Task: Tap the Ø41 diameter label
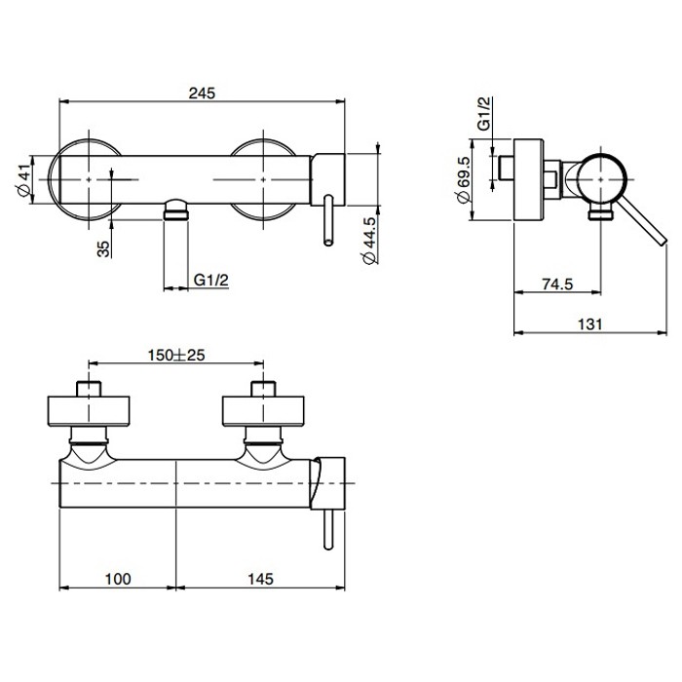click(23, 178)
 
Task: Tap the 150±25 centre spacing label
click(175, 355)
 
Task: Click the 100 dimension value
click(117, 579)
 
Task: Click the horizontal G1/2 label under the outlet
click(211, 281)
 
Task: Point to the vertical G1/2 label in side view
click(482, 114)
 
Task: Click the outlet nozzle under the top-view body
click(175, 208)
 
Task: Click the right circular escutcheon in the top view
click(262, 178)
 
